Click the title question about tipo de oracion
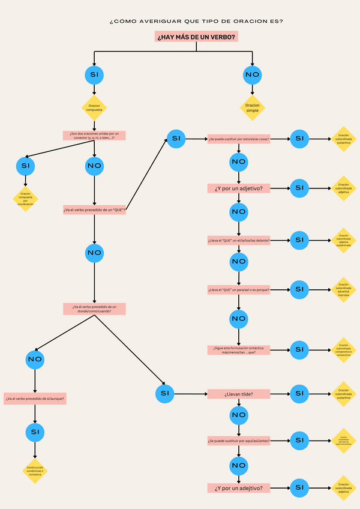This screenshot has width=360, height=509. (x=196, y=21)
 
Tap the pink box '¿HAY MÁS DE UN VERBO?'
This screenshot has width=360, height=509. (x=196, y=37)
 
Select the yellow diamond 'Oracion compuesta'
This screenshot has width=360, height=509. (x=94, y=107)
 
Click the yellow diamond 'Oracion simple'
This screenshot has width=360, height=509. (x=253, y=107)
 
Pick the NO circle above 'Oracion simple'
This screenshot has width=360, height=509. (x=253, y=75)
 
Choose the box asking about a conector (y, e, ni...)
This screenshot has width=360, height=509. (x=94, y=135)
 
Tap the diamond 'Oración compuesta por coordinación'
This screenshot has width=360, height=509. (x=25, y=199)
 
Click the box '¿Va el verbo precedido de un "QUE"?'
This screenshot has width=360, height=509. (x=94, y=210)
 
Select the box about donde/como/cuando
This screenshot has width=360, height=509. (x=94, y=309)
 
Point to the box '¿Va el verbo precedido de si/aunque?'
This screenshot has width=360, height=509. (x=35, y=399)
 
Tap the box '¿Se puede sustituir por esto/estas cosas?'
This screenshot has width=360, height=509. (x=239, y=139)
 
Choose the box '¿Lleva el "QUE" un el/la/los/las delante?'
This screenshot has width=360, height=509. (x=239, y=240)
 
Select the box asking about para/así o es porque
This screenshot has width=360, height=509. (x=239, y=290)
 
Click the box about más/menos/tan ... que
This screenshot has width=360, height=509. (x=239, y=349)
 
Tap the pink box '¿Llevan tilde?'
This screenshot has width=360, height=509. (x=239, y=394)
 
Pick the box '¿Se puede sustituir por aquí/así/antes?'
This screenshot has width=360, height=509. (x=239, y=441)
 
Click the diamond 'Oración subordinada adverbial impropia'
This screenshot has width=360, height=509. (x=343, y=290)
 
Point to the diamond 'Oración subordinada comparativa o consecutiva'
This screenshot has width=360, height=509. (x=343, y=349)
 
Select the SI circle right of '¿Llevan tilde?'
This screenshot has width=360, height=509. (x=299, y=394)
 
